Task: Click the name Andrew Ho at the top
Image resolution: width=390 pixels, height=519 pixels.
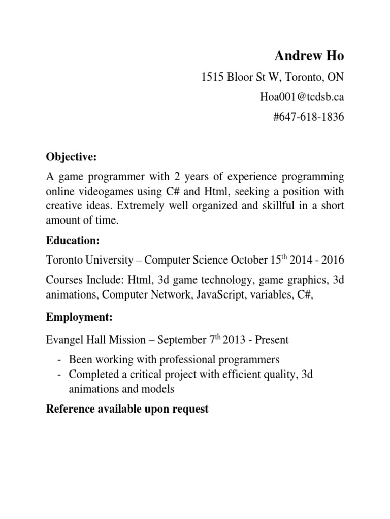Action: coord(310,56)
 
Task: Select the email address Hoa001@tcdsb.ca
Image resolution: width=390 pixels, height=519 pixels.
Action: coord(302,97)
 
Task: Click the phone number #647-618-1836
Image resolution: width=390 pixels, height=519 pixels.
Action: coord(309,118)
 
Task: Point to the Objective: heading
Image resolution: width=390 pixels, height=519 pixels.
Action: coord(71,157)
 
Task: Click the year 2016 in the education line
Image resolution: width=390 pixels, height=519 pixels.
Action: coord(332,261)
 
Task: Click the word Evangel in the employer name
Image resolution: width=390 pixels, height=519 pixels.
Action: coord(64,340)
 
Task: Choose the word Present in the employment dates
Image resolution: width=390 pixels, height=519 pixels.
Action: coord(272,340)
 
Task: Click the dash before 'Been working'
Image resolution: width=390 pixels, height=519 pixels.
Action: coord(60,360)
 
